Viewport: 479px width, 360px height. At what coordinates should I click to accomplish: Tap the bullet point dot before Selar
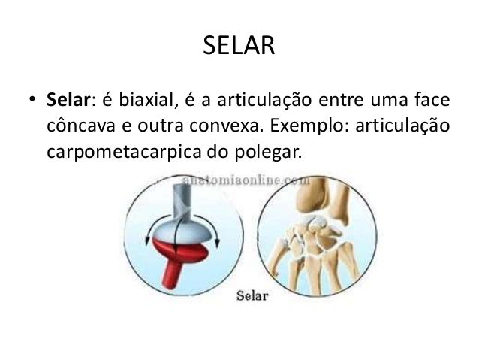(32, 101)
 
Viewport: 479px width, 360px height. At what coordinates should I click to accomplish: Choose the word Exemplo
(307, 126)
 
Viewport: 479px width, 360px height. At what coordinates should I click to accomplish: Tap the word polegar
(264, 152)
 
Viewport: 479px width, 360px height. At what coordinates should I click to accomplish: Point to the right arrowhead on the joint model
(218, 239)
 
